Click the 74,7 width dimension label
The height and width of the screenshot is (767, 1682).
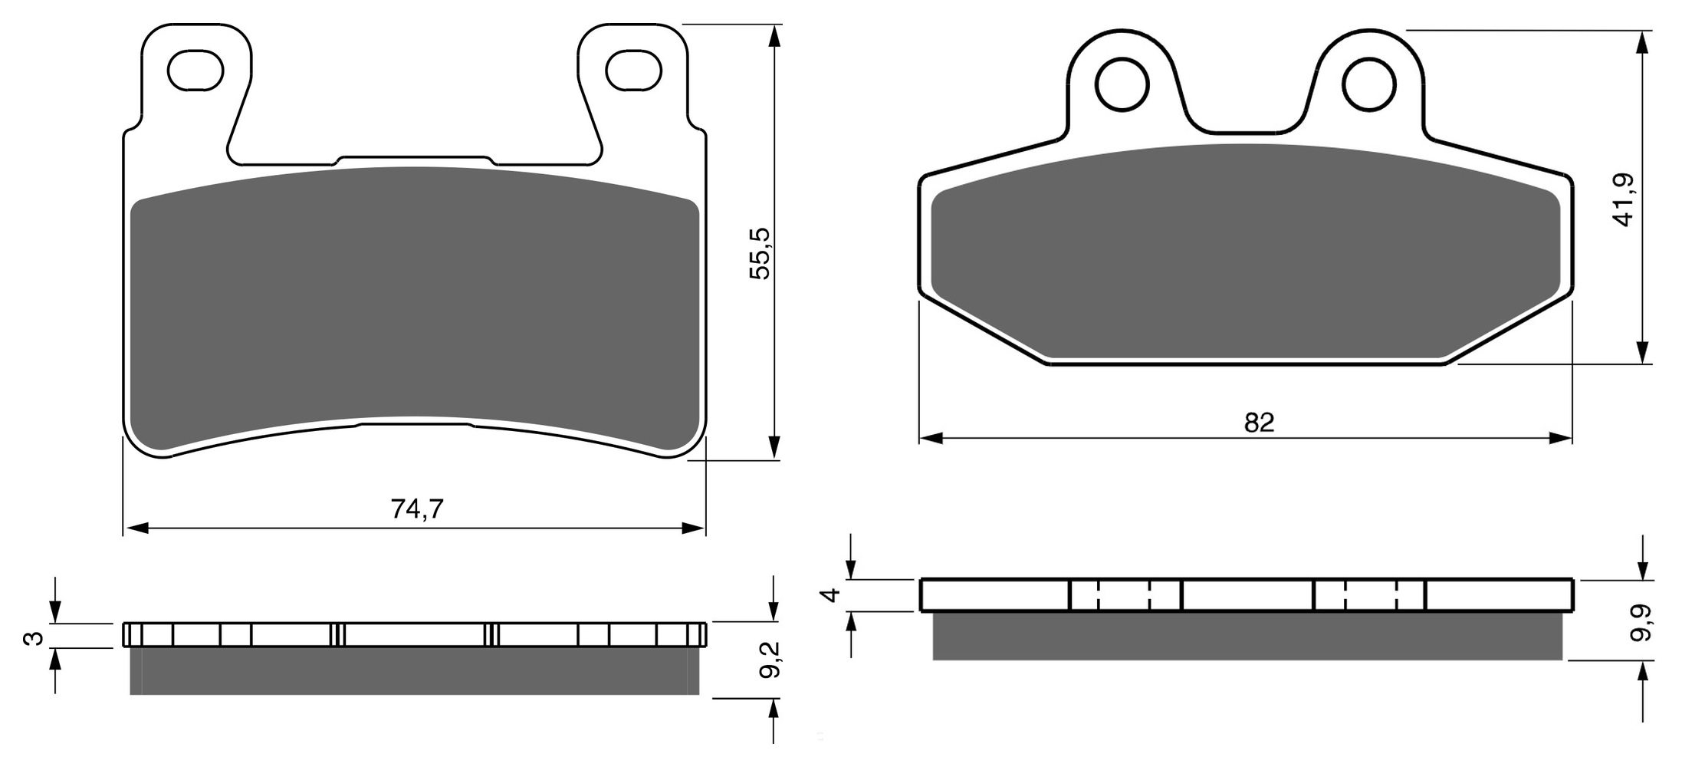pos(417,509)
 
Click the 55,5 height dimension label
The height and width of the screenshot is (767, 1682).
pos(760,254)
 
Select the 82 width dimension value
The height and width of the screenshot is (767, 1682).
pos(1259,422)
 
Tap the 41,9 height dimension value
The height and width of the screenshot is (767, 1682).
pos(1623,199)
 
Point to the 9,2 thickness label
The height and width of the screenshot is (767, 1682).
pos(770,660)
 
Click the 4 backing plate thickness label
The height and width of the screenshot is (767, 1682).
pos(831,594)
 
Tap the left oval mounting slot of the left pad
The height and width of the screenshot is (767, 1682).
pos(195,71)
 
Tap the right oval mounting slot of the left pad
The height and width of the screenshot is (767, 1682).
pos(633,71)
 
